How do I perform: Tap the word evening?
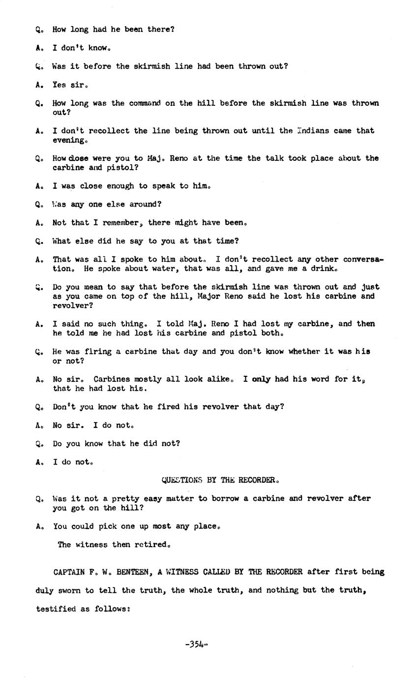click(x=68, y=140)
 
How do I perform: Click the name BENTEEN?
click(x=134, y=572)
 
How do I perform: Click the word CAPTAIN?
click(x=69, y=572)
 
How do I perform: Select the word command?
click(x=145, y=103)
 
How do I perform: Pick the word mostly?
click(x=135, y=379)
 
